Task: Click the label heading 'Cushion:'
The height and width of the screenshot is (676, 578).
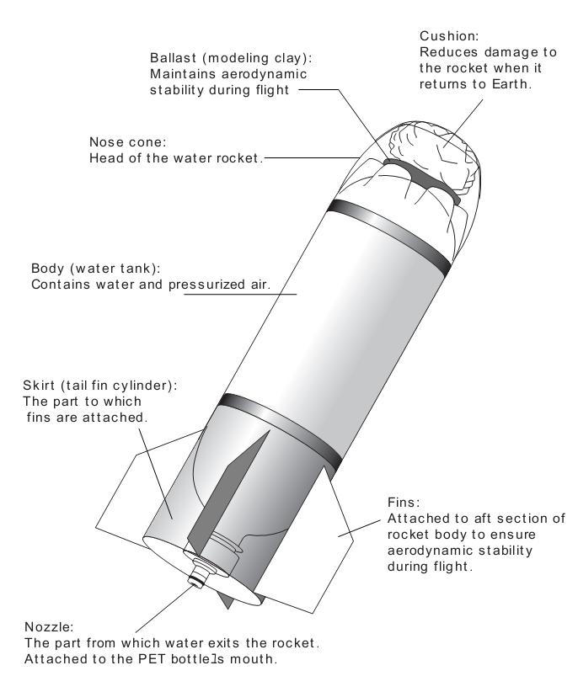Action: point(449,36)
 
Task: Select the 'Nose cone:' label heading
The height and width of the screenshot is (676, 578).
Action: point(128,141)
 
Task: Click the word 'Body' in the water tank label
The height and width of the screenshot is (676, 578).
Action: point(48,269)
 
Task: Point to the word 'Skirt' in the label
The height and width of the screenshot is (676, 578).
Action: point(39,385)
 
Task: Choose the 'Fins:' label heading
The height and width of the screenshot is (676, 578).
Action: point(404,503)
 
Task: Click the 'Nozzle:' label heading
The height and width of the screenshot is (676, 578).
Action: point(49,627)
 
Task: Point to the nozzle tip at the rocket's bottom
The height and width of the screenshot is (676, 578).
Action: point(196,580)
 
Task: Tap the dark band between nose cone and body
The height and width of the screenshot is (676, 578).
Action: point(389,235)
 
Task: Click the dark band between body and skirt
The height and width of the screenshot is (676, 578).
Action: point(281,431)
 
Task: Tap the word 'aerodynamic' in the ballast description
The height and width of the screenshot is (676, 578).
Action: point(264,74)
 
